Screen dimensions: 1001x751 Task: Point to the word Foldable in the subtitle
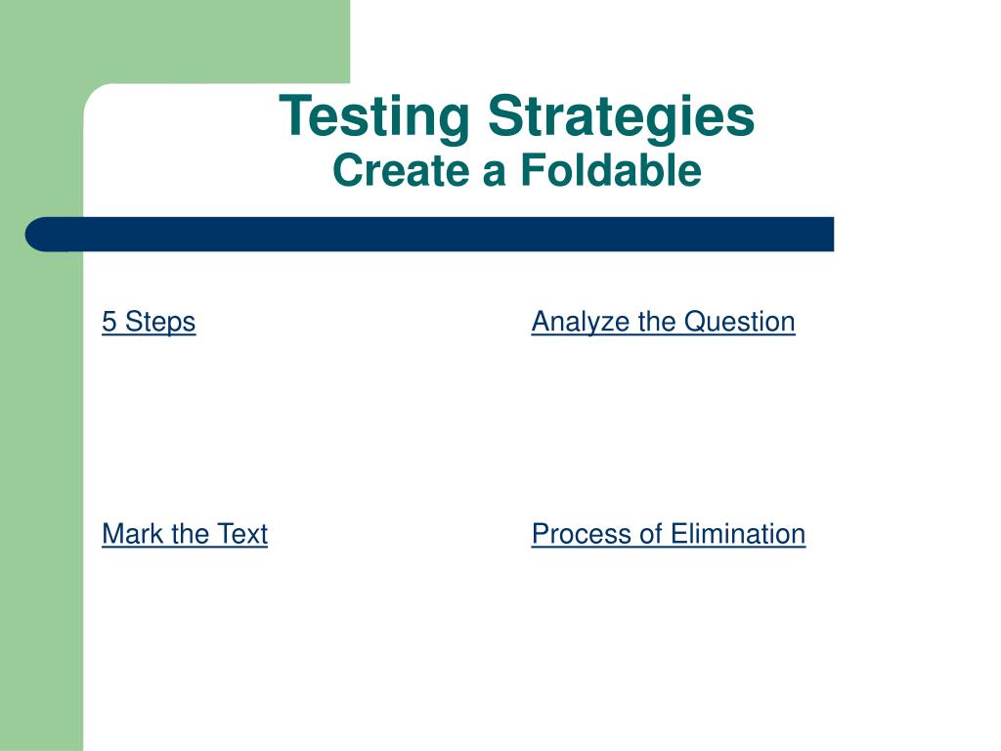[x=611, y=170]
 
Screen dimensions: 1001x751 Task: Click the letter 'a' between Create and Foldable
[x=495, y=175]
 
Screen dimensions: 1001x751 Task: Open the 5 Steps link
[x=149, y=322]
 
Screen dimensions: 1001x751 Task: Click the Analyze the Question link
[x=664, y=322]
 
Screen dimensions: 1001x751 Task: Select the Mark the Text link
[x=185, y=534]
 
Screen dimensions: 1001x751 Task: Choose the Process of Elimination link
[x=669, y=534]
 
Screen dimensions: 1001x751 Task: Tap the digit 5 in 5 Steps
[x=109, y=321]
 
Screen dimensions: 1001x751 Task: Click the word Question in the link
[x=740, y=322]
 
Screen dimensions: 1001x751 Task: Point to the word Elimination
[x=738, y=534]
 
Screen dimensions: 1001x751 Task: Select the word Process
[x=581, y=534]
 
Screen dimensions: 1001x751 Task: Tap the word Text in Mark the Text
[x=242, y=534]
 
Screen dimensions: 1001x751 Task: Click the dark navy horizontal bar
[x=430, y=235]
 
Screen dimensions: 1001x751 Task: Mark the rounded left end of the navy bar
[x=26, y=235]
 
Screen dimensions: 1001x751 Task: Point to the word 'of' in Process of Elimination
[x=650, y=534]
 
